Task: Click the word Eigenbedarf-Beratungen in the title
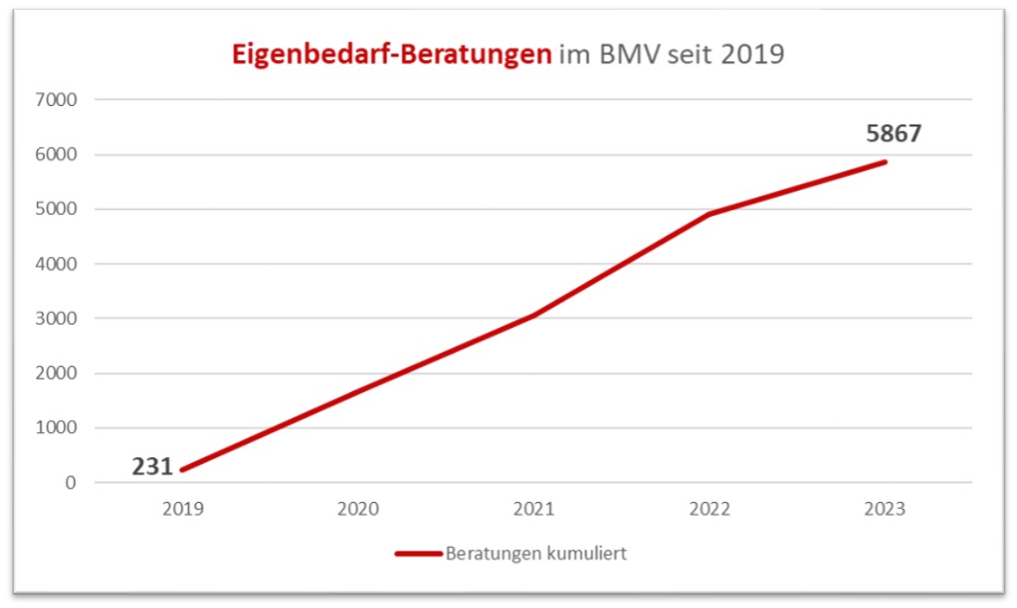(391, 54)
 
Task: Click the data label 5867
(893, 134)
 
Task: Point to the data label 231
(153, 467)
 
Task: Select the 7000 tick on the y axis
(58, 99)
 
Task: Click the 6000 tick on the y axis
(58, 155)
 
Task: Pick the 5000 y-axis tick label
(58, 209)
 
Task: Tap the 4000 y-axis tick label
(58, 264)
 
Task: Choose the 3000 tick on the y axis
(58, 318)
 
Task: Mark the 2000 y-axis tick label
(58, 374)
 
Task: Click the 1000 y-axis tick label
(58, 428)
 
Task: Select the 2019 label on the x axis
(183, 509)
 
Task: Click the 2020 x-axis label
(359, 509)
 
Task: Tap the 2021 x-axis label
(534, 509)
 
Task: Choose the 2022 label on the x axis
(710, 509)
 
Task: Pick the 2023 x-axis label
(886, 509)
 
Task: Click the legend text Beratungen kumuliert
(535, 554)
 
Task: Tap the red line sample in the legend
(418, 554)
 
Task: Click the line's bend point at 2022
(710, 213)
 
